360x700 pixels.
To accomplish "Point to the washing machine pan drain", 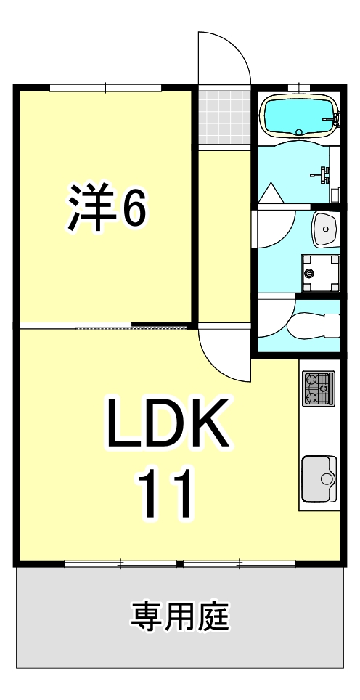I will [311, 273].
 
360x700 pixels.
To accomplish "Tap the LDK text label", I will [168, 424].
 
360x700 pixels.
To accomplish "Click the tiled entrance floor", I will [224, 117].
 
